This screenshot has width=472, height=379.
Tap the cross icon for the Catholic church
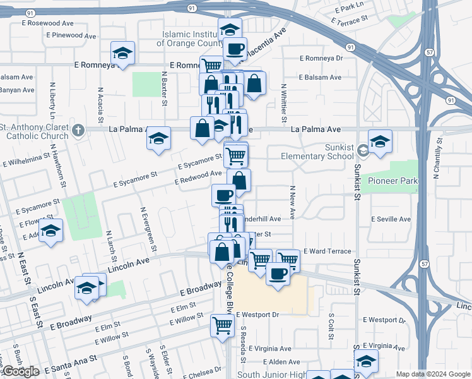[78, 131]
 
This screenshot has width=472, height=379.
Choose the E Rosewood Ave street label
[50, 23]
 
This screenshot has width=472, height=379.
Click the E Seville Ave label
[391, 219]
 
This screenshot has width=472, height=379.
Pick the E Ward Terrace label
[327, 251]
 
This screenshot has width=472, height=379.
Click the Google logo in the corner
[20, 372]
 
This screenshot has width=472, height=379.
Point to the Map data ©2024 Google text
[434, 374]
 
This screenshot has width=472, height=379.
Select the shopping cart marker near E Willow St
[222, 325]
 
